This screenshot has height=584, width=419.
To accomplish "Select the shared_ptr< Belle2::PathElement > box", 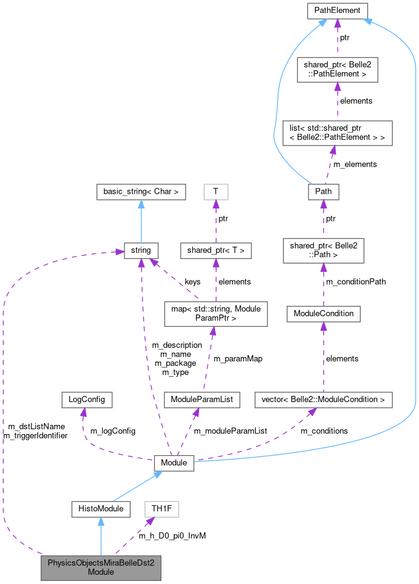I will [x=336, y=70].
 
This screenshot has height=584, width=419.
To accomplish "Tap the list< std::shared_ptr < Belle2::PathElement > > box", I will [x=336, y=133].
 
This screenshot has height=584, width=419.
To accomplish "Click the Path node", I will [x=323, y=191].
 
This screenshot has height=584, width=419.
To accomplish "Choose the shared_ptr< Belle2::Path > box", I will [x=323, y=250].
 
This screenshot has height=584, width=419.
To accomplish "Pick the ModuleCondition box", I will [x=323, y=313].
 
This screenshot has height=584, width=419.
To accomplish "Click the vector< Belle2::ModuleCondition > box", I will [x=323, y=400].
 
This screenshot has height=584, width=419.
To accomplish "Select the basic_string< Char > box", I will [x=141, y=191].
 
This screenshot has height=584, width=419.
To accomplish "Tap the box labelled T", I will [x=216, y=191].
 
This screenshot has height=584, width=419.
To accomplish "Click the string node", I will [x=141, y=250].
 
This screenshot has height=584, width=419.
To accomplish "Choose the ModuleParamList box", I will [x=201, y=400].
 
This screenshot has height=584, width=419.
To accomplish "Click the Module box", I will [x=174, y=462].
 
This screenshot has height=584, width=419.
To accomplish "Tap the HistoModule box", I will [x=100, y=509].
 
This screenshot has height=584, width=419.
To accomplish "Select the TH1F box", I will [x=157, y=509].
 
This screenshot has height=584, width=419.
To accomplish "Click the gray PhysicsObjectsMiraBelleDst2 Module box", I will [x=100, y=567].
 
